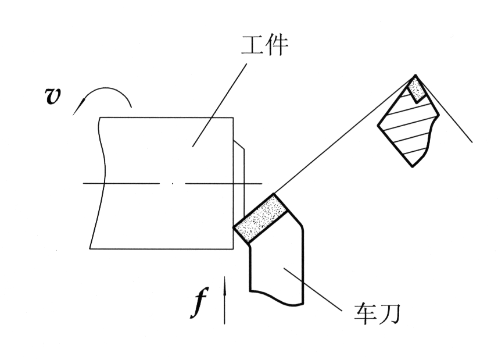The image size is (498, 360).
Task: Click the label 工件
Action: pyautogui.click(x=264, y=45)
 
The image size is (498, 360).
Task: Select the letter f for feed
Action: pyautogui.click(x=199, y=304)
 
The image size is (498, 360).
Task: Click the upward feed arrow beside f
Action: pyautogui.click(x=224, y=302)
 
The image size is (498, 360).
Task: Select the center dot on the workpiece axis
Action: pyautogui.click(x=172, y=184)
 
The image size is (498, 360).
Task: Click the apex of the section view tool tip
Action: pyautogui.click(x=416, y=76)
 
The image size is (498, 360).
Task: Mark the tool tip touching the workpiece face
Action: pyautogui.click(x=234, y=228)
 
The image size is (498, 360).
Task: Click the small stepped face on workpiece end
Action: pyautogui.click(x=240, y=174)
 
